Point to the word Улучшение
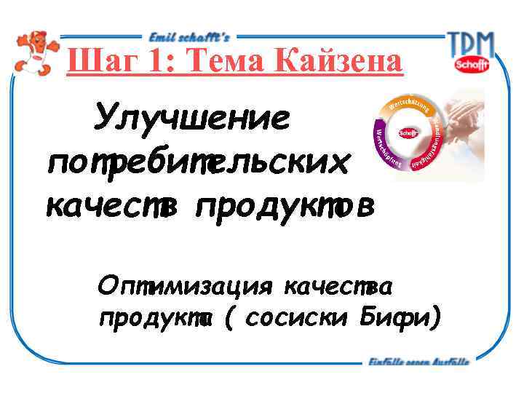point(191,119)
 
